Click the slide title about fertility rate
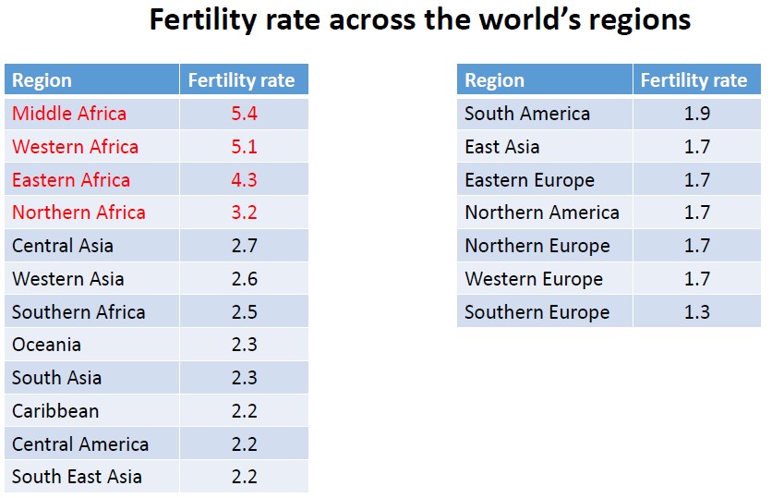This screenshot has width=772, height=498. [x=420, y=20]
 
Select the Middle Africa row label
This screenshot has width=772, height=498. [x=69, y=114]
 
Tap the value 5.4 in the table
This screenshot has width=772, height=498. [x=244, y=114]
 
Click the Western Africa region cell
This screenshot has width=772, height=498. [x=75, y=147]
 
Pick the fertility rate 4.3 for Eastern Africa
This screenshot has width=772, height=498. [x=244, y=180]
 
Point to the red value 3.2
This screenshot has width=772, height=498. [x=244, y=213]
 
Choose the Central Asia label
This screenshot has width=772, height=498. [x=63, y=246]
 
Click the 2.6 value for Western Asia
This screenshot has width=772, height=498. [x=244, y=279]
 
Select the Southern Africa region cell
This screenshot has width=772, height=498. [x=78, y=312]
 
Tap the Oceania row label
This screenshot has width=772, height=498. [x=46, y=345]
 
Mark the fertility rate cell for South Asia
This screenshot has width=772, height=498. [x=244, y=378]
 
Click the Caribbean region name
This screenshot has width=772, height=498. [x=55, y=411]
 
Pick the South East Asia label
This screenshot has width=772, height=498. [x=77, y=477]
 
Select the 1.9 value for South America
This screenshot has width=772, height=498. [x=696, y=114]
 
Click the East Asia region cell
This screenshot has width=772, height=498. [x=502, y=147]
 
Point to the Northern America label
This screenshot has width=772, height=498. [x=542, y=213]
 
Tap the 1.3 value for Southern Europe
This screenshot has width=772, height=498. [x=696, y=312]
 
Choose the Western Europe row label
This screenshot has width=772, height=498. [x=534, y=279]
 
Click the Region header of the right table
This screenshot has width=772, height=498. [x=494, y=80]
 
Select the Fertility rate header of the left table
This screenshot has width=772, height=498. [x=241, y=80]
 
